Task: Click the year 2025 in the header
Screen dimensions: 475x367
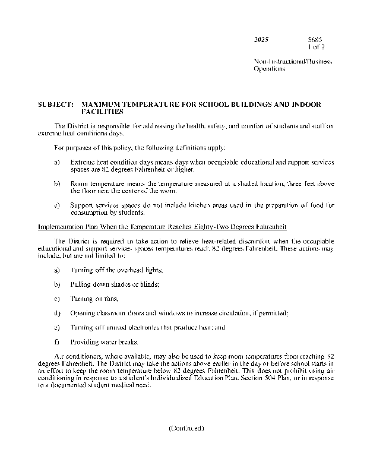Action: click(261, 39)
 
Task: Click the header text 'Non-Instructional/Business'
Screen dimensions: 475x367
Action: click(292, 61)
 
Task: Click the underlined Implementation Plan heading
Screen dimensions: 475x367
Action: click(154, 227)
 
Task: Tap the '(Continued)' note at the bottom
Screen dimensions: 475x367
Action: click(186, 427)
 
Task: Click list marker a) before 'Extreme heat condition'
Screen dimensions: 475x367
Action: click(56, 161)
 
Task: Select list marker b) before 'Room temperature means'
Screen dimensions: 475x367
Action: click(56, 184)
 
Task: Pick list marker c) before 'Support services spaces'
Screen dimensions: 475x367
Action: click(56, 205)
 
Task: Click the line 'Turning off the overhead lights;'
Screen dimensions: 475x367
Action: click(116, 270)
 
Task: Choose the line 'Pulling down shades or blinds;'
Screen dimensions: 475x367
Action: click(114, 284)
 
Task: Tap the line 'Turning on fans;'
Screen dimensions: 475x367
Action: click(94, 299)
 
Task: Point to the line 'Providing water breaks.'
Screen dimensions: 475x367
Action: click(104, 342)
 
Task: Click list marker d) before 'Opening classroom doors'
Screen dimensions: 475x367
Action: click(56, 313)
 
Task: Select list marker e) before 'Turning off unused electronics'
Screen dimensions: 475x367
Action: click(56, 327)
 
